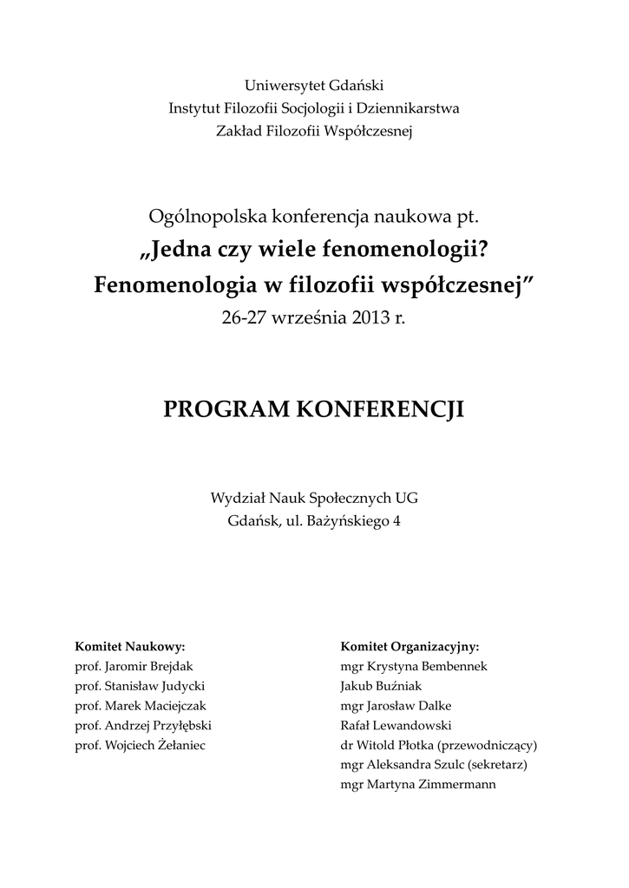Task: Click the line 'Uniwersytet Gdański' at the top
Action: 314,86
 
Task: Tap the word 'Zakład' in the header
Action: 236,131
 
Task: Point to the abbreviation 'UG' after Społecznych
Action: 406,498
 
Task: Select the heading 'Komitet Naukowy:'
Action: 131,647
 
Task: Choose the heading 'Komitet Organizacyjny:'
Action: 410,647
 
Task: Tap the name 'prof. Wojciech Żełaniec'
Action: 141,745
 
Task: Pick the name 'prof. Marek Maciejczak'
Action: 141,706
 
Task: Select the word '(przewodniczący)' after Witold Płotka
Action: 489,745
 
